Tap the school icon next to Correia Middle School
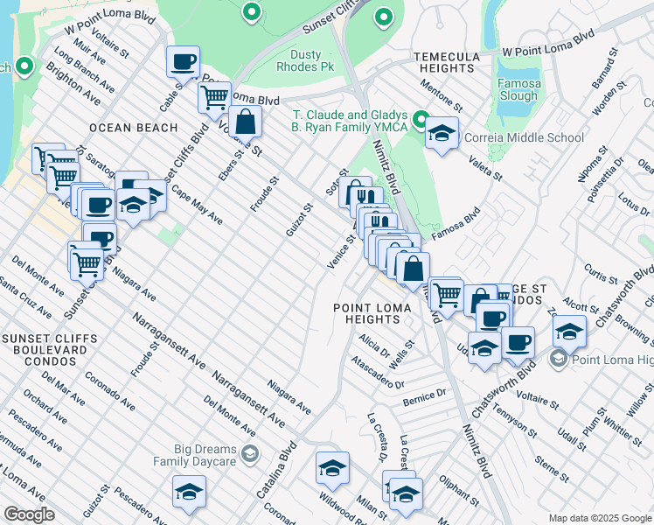[x=442, y=134]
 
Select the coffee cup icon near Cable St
[x=184, y=62]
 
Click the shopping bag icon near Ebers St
[x=246, y=121]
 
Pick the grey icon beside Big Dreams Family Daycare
[x=250, y=453]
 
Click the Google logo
[x=29, y=514]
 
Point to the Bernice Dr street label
[x=425, y=397]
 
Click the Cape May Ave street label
[x=197, y=205]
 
